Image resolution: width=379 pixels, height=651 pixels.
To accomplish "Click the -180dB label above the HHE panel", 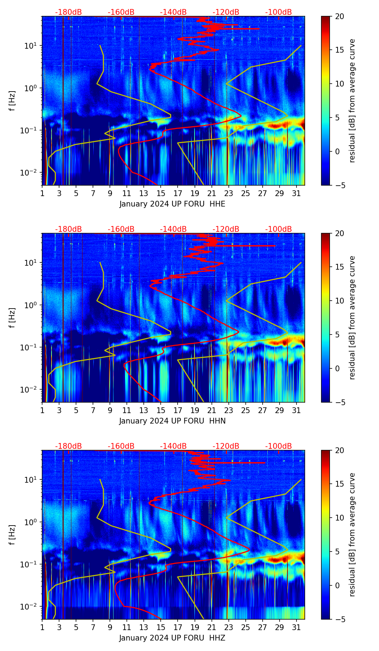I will [x=68, y=12].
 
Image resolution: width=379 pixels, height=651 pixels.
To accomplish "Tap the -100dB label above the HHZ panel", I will [x=278, y=446].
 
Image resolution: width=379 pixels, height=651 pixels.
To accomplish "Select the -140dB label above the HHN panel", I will [x=173, y=229].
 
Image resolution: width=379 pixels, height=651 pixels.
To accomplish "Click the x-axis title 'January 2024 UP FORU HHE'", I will [x=172, y=204].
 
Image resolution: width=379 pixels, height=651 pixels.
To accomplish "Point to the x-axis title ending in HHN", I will [x=172, y=421].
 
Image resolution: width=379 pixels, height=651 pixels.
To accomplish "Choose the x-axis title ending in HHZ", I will [x=172, y=638].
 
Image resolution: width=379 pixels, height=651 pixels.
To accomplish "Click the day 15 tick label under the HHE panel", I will [x=161, y=194].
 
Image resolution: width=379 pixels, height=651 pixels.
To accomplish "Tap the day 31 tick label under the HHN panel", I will [x=296, y=411].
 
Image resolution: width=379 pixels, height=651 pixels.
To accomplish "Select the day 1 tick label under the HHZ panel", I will [x=42, y=628].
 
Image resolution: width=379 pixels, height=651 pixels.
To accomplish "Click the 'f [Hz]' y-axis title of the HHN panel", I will [x=13, y=318].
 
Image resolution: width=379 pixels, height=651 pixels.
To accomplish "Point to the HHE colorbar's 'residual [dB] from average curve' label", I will [x=352, y=101].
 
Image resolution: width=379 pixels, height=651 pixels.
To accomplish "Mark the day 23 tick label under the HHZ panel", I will [x=228, y=628].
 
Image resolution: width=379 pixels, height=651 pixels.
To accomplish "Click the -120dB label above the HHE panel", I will [x=226, y=12].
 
